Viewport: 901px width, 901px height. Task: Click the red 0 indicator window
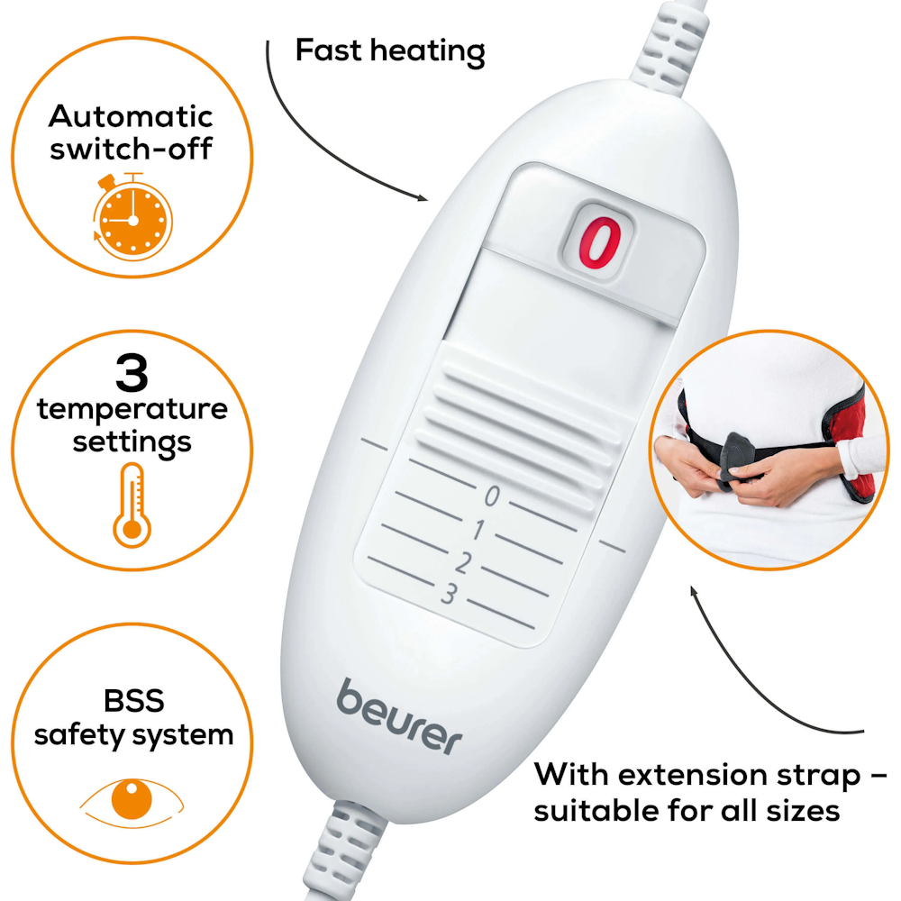coord(597,241)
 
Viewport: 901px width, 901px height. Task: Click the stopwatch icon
coord(132,216)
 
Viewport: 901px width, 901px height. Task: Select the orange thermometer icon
coord(132,505)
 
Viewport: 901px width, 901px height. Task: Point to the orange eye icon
coord(132,801)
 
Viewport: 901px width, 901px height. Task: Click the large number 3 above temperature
coord(132,372)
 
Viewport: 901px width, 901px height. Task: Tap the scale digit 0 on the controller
coord(491,496)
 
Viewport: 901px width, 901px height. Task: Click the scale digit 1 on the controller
coord(478,529)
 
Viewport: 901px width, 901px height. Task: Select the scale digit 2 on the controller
coord(463,561)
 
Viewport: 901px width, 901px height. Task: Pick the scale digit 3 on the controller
coord(450,593)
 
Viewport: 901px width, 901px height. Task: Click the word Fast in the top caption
coord(329,50)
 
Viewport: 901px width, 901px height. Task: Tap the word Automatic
coord(131,116)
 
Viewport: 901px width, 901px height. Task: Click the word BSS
coord(133,700)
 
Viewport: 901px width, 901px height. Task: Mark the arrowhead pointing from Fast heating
coord(423,198)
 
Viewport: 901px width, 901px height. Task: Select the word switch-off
coord(131,149)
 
